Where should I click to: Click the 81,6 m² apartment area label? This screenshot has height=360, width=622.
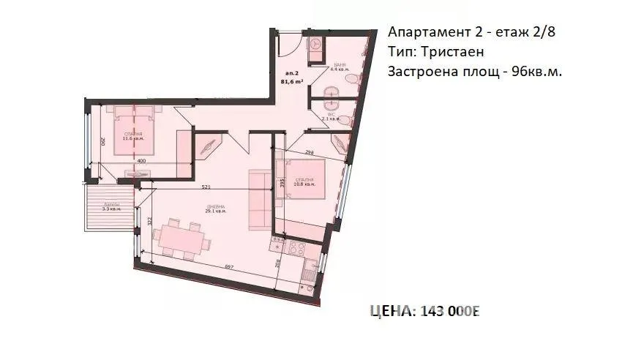click(294, 83)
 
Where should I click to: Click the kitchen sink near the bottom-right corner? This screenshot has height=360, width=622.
click(311, 275)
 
